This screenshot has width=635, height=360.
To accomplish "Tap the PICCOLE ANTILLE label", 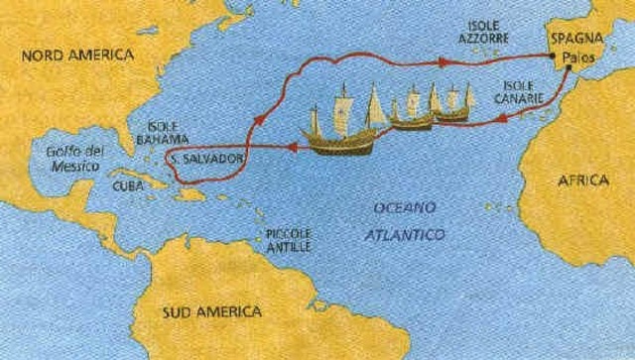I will (289, 239).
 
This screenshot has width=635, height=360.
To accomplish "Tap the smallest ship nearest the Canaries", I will (454, 102).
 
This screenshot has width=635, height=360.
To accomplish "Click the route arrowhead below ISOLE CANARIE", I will (503, 117).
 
